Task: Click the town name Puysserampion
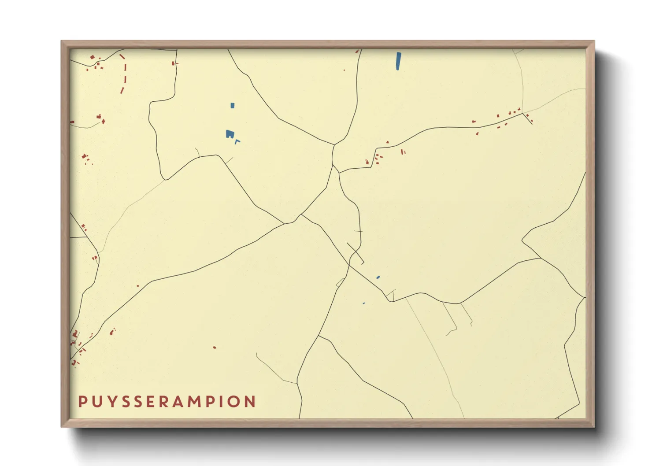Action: point(167,402)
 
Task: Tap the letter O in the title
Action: point(234,402)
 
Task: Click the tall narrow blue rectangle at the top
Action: point(398,61)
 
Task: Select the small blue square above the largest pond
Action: point(233,105)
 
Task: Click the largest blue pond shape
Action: point(230,134)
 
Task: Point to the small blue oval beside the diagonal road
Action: point(378,277)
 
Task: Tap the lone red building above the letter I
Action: point(215,348)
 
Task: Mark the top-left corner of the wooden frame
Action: point(62,41)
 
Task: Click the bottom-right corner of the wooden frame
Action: point(594,426)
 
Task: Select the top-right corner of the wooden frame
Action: point(594,41)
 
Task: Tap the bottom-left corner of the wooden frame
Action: point(62,426)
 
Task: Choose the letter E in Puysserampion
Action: point(149,402)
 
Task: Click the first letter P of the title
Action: point(82,402)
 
